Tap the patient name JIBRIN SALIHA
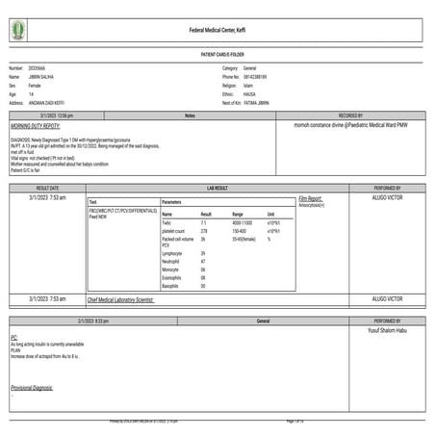coord(53,77)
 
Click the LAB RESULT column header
coord(218,188)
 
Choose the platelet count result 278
coord(204,231)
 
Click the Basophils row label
coord(171,286)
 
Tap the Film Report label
coord(310,198)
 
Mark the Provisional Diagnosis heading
coord(32,387)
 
